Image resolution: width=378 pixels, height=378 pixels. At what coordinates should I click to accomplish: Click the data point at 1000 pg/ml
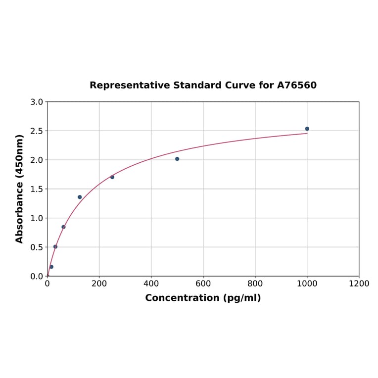pos(307,129)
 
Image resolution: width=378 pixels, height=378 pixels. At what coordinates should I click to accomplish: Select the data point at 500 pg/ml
pos(177,159)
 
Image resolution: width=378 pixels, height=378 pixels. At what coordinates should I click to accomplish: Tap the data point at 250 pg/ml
pos(112,177)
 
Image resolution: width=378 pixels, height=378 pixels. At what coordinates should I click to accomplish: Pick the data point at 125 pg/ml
pos(80,197)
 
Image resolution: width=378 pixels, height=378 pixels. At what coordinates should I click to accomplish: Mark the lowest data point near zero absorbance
pos(51,267)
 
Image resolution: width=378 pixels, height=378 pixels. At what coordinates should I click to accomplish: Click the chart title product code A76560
pos(296,86)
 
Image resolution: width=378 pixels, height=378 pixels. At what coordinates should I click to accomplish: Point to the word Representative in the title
pos(129,86)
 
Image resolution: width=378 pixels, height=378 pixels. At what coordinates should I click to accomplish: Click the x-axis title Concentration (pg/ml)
pos(203,298)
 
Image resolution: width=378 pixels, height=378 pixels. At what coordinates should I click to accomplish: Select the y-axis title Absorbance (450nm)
pos(20,189)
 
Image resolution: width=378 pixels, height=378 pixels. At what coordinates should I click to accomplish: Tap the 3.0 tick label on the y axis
pos(37,102)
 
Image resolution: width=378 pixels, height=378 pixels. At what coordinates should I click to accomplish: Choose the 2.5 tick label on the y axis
pos(37,131)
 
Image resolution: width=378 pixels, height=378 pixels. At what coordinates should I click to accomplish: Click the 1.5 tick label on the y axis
pos(37,189)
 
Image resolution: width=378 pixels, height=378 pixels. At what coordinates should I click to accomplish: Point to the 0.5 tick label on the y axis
pos(37,247)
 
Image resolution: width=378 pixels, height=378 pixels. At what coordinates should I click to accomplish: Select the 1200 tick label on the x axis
pos(359,283)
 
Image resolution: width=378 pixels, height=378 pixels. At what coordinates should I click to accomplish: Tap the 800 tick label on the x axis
pos(255,283)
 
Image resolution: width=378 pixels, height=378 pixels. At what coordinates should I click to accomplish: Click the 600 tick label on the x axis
pos(203,283)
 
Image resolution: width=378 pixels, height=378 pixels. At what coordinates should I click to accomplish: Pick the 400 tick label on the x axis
pos(151,283)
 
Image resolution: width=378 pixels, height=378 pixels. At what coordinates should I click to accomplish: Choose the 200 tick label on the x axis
pos(99,283)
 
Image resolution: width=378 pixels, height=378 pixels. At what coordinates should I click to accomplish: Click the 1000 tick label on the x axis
pos(307,283)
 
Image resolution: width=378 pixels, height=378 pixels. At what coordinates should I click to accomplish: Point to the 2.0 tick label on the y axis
pos(37,160)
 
